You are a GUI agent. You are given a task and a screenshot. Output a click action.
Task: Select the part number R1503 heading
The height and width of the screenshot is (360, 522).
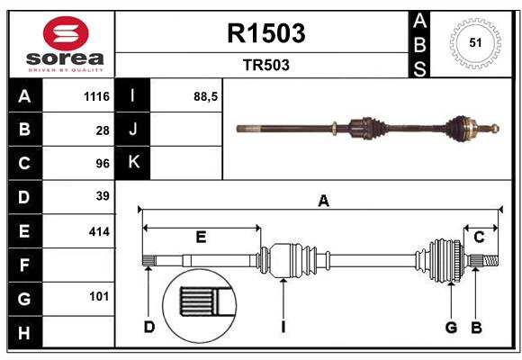(265, 33)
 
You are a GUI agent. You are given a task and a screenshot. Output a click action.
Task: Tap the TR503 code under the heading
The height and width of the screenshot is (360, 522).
(265, 65)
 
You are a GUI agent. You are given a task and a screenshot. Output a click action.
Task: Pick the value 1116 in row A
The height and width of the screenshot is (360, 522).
(94, 96)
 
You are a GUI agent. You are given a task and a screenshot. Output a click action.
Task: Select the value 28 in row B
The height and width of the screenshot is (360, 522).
(102, 130)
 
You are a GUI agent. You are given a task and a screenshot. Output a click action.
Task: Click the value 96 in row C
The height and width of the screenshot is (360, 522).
(102, 164)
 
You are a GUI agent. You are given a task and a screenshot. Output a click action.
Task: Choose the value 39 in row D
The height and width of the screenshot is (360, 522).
(102, 196)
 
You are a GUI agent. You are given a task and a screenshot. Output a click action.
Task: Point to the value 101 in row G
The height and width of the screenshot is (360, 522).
(98, 296)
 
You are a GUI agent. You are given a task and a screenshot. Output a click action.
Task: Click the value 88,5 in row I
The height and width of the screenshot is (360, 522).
(206, 95)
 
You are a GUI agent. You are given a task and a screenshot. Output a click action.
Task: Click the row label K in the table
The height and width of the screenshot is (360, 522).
(133, 163)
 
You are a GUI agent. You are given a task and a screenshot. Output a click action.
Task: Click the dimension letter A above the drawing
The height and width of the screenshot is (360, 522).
(323, 202)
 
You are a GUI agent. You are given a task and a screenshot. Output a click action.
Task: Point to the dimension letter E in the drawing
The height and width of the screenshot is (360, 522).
(201, 237)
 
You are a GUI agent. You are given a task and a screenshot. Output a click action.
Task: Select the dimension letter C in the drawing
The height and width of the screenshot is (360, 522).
(479, 237)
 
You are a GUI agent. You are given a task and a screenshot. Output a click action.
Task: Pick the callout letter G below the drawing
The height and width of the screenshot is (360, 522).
(451, 327)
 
